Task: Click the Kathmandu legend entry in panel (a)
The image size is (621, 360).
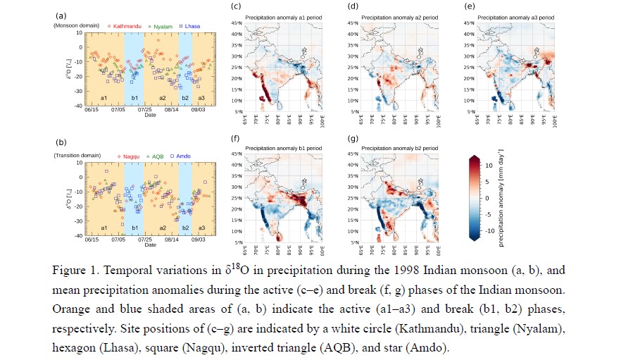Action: click(x=124, y=26)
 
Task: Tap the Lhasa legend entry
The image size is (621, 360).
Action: click(x=189, y=26)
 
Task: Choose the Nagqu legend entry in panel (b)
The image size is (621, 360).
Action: click(x=124, y=154)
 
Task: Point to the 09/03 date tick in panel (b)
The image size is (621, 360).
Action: click(x=198, y=240)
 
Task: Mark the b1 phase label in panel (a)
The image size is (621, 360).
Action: click(x=134, y=98)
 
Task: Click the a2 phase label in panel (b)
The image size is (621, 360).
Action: click(x=163, y=228)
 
